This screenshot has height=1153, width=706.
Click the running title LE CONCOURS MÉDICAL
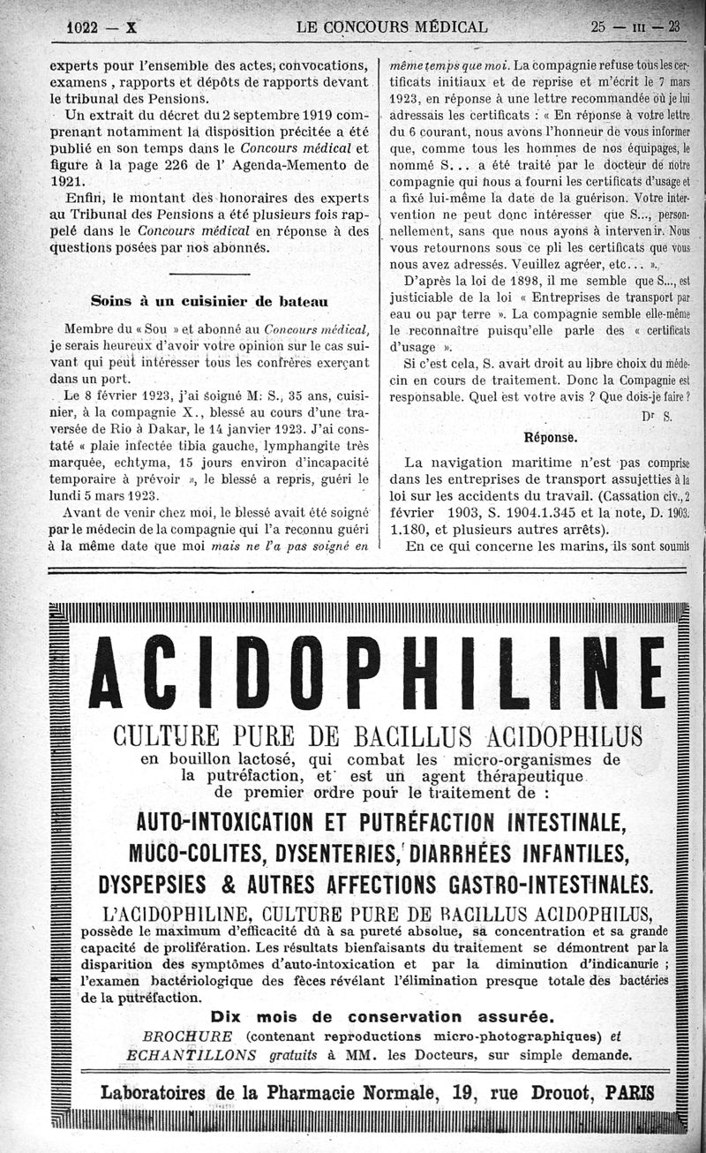click(x=393, y=26)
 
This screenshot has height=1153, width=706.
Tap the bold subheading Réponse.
click(x=551, y=437)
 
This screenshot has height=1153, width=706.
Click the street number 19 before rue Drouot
click(x=466, y=1092)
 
